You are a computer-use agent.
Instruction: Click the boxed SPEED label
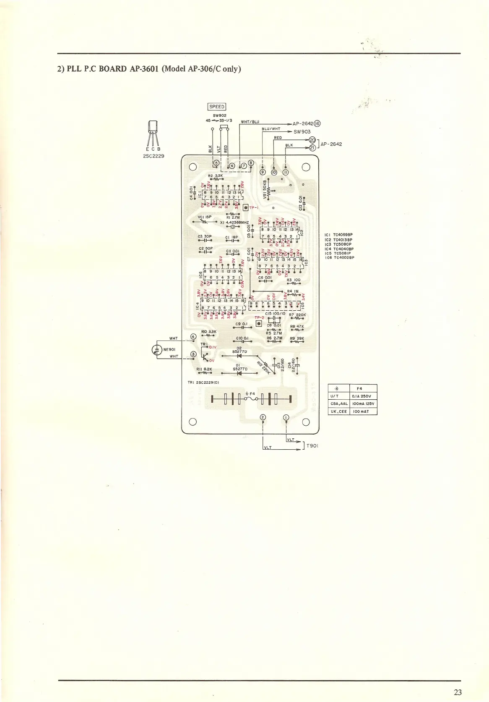[x=216, y=107]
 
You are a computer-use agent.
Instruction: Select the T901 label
[x=312, y=445]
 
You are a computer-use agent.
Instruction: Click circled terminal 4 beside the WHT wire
[x=193, y=336]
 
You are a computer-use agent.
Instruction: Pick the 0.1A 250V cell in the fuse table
[x=363, y=396]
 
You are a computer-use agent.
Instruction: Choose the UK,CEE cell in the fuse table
[x=338, y=411]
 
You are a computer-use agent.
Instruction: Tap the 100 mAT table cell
[x=363, y=411]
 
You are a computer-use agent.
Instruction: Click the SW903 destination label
[x=302, y=131]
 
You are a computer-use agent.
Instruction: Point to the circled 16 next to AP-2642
[x=317, y=124]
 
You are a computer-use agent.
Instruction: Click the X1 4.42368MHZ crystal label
[x=234, y=222]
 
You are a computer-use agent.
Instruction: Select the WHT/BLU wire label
[x=250, y=122]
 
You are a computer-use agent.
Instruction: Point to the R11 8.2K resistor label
[x=204, y=369]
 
